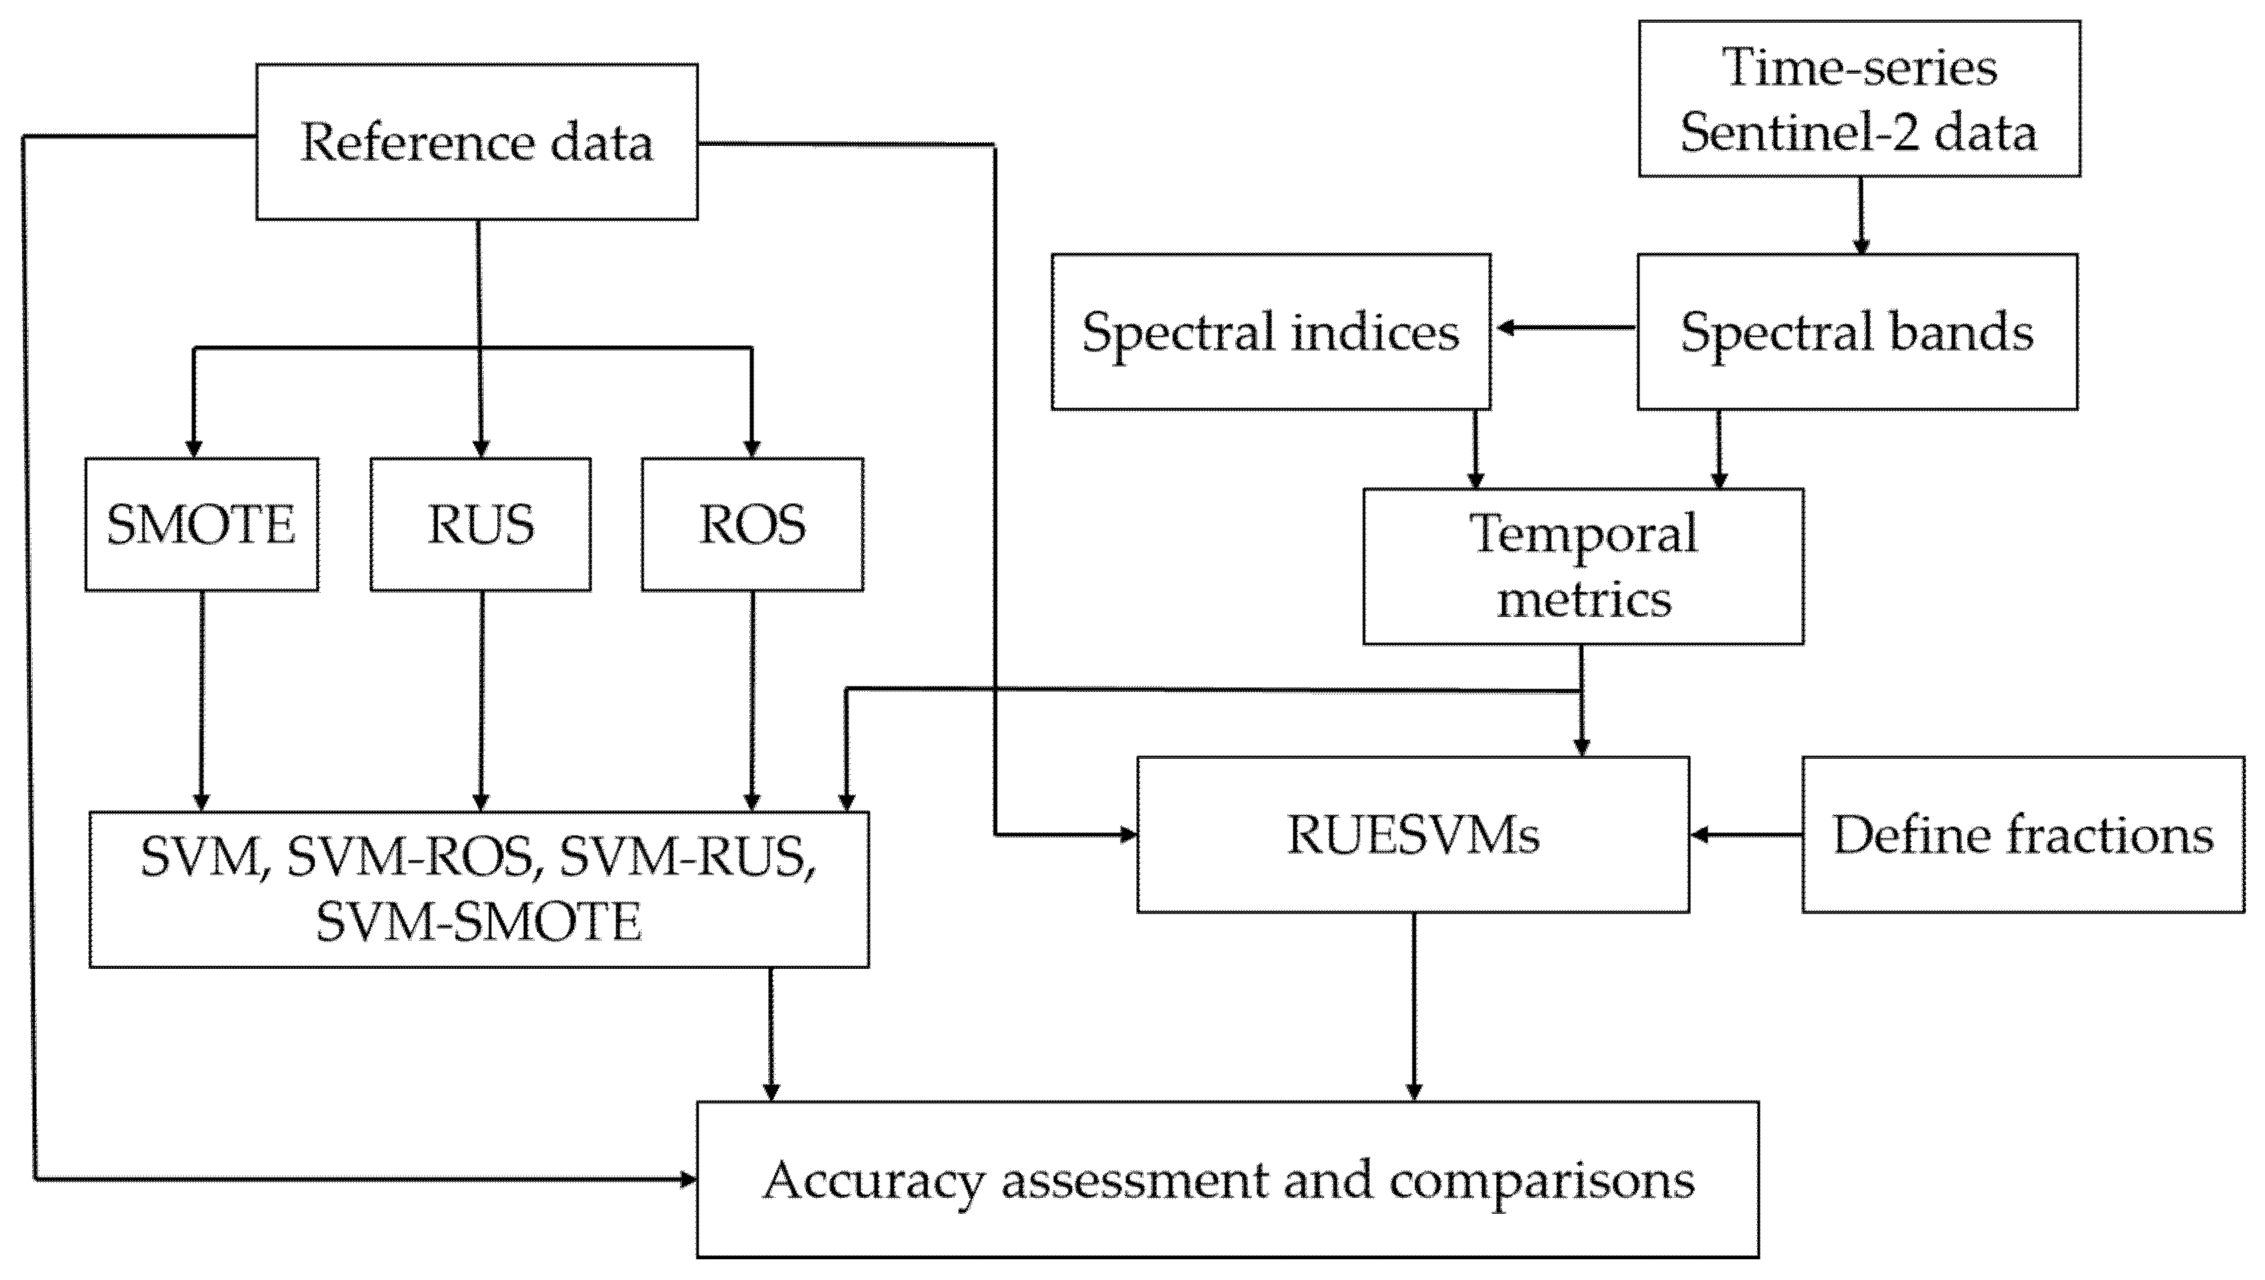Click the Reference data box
coord(476,142)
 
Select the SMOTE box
coord(201,524)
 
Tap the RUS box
coord(480,524)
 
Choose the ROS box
coord(752,524)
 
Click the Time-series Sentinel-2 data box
coord(1859,98)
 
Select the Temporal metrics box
coord(1582,566)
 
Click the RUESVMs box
coord(1413,834)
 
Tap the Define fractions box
coord(2022,834)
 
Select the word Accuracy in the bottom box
coord(873,1181)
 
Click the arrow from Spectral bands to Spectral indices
coord(1565,328)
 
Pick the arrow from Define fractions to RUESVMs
coord(1745,834)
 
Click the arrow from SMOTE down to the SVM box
coord(201,700)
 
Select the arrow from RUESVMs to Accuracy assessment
coord(1414,1006)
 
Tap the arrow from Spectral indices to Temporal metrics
coord(1475,448)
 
